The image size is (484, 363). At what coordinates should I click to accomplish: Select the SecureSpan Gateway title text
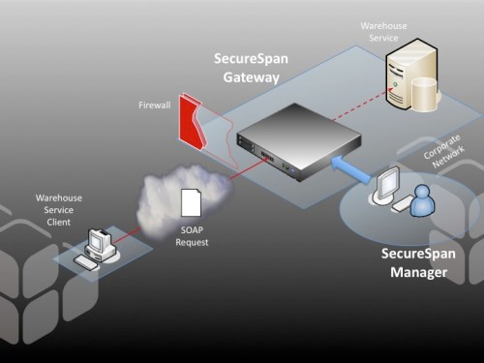pos(250,66)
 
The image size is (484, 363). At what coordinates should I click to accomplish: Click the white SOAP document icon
pos(192,202)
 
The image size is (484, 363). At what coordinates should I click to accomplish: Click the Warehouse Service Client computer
pos(101,242)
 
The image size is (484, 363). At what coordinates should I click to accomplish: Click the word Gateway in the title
pos(250,76)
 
